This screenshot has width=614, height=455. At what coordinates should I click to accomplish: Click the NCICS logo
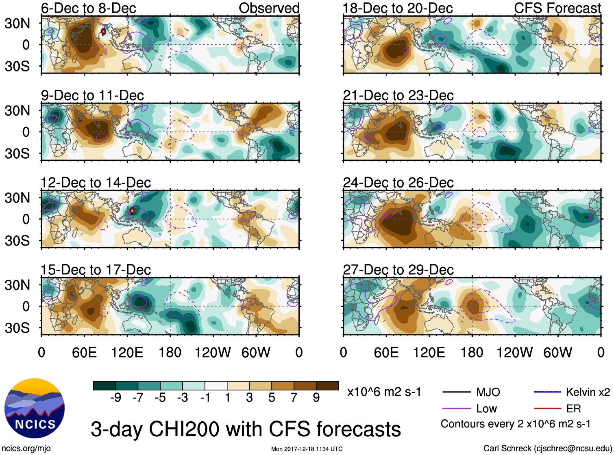click(35, 408)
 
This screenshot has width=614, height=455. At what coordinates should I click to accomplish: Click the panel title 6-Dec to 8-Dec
click(88, 8)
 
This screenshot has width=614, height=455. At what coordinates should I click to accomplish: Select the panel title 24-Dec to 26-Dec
click(398, 183)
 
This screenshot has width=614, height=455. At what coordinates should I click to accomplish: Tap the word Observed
click(269, 8)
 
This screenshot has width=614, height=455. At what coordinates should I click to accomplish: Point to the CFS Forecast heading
click(557, 8)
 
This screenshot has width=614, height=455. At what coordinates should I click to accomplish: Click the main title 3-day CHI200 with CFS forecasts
click(246, 429)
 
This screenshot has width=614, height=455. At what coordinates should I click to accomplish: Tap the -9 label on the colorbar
click(115, 398)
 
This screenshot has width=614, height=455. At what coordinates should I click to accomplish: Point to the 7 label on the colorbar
click(294, 398)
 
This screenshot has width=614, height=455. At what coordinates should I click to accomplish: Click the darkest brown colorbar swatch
click(327, 386)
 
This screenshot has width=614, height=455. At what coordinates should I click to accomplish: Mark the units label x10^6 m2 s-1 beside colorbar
click(384, 392)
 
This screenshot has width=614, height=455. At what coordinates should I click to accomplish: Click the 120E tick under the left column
click(127, 352)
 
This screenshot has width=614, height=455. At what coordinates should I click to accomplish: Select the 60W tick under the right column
click(557, 352)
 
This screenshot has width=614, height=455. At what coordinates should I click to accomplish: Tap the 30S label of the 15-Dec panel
click(17, 328)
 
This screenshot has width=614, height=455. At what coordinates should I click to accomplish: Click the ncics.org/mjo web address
click(26, 448)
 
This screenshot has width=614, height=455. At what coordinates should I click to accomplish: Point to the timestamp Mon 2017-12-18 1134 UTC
click(307, 449)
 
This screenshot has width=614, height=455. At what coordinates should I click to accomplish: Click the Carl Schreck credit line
click(547, 448)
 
